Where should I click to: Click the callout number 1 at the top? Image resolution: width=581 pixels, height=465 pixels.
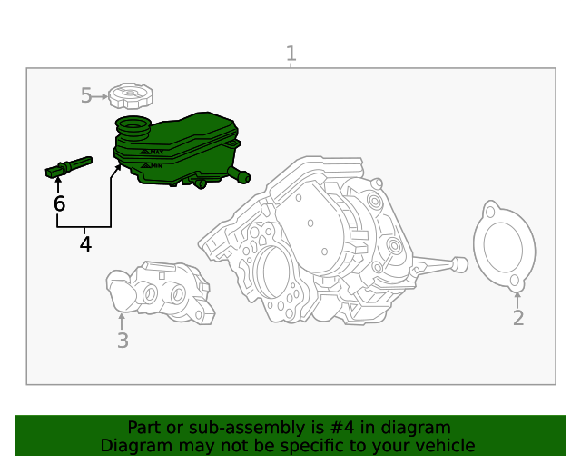290,54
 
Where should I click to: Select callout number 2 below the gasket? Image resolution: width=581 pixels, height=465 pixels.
518,318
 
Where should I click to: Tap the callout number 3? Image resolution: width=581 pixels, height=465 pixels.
123,341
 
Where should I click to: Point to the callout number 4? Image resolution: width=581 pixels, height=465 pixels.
85,244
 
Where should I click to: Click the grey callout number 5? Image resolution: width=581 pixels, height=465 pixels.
86,95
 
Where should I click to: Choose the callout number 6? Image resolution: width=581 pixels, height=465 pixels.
59,204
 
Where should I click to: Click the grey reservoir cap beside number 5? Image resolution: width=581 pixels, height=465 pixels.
131,94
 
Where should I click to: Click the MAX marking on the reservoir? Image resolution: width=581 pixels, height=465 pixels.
155,152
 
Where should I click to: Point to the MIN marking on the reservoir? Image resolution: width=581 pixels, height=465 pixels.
155,166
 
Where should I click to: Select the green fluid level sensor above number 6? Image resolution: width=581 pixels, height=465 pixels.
69,166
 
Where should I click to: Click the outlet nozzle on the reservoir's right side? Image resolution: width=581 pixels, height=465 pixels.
240,174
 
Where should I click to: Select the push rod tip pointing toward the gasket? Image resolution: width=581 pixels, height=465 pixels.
459,264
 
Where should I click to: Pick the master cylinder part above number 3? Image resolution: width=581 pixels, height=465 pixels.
160,291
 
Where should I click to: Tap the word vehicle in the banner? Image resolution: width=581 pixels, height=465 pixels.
444,445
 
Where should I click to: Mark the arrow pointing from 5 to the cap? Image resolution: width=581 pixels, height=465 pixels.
101,95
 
